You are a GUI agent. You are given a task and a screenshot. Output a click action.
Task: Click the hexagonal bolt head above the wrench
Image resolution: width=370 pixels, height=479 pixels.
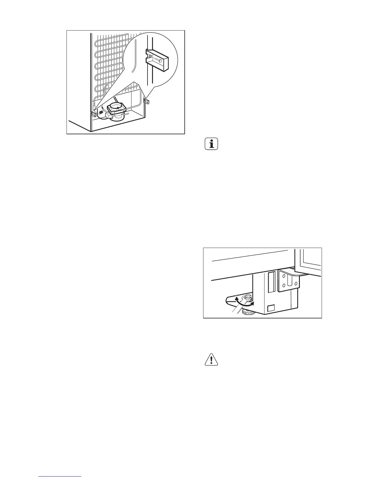point(248,298)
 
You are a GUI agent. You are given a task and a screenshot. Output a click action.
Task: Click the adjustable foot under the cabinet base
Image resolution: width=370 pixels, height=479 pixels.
point(248,313)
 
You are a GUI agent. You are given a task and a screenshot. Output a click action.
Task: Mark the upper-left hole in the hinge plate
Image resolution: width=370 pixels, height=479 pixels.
point(283,275)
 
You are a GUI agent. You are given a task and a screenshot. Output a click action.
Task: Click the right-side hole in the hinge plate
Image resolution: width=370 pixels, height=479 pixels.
point(296,283)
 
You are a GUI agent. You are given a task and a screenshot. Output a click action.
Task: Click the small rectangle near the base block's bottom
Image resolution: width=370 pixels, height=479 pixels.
point(271,308)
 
